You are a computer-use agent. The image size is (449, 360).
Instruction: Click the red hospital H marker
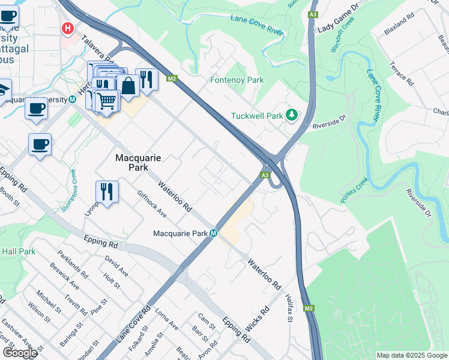pyautogui.click(x=68, y=28)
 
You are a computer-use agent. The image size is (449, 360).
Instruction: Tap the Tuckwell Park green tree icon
pyautogui.click(x=292, y=114)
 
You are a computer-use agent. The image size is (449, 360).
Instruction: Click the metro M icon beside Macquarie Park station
pyautogui.click(x=213, y=233)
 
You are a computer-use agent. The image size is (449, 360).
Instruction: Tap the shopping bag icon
pyautogui.click(x=128, y=86)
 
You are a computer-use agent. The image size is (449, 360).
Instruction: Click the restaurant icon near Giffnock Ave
pyautogui.click(x=107, y=191)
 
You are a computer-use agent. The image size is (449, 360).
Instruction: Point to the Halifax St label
pyautogui.click(x=288, y=307)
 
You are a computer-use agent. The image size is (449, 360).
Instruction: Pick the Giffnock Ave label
pyautogui.click(x=151, y=204)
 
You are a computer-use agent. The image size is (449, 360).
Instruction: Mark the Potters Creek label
pyautogui.click(x=354, y=191)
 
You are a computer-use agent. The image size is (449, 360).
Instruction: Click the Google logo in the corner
pyautogui.click(x=20, y=353)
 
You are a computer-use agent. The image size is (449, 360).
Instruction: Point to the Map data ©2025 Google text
pyautogui.click(x=411, y=355)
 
